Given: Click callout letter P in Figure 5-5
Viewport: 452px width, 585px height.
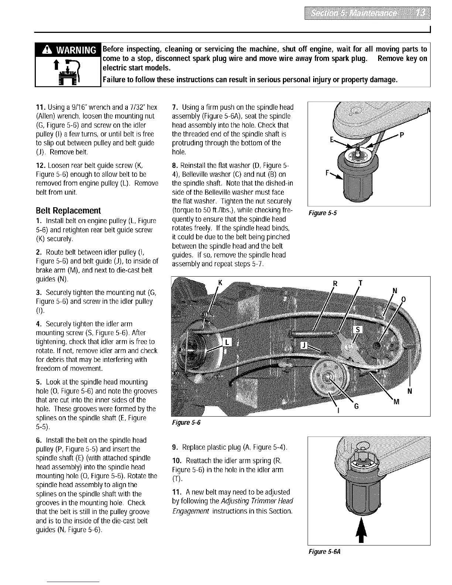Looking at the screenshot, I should click(x=401, y=135).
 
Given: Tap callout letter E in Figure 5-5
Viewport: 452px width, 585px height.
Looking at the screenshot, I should click(x=332, y=140).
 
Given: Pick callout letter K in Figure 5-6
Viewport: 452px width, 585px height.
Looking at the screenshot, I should click(x=220, y=283).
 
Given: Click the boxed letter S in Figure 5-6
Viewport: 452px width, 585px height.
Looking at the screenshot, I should click(x=358, y=330).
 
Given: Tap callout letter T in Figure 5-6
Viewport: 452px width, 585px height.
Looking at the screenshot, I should click(x=361, y=283).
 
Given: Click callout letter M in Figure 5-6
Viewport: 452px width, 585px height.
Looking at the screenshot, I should click(x=396, y=402).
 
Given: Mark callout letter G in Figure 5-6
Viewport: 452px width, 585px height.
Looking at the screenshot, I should click(x=356, y=406).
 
